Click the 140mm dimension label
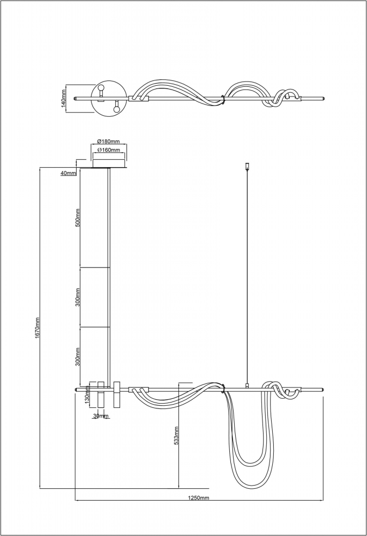[x=63, y=98]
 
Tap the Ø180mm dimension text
[x=108, y=142]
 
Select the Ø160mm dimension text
[x=108, y=150]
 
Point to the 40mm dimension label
[x=68, y=173]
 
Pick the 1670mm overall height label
[x=38, y=328]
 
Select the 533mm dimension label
[x=176, y=435]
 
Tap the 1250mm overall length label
[x=199, y=498]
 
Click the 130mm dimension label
[x=87, y=397]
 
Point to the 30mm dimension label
[x=101, y=416]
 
